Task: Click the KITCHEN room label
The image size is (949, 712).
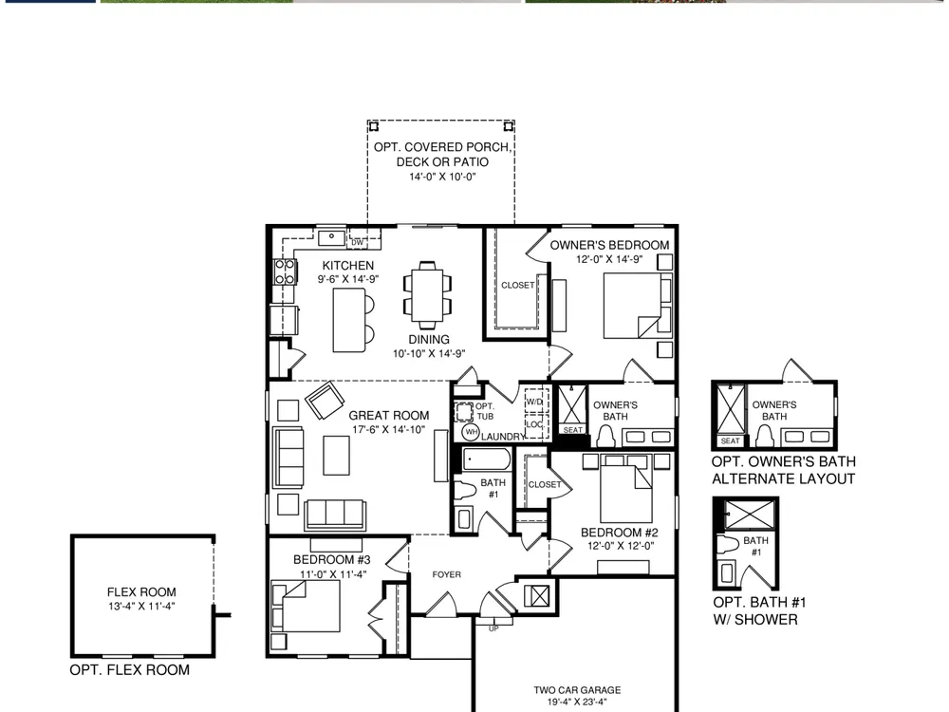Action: pos(348,265)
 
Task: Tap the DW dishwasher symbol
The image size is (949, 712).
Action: pos(358,242)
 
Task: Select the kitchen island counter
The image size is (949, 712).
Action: pos(349,320)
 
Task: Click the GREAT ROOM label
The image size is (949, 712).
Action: pos(388,416)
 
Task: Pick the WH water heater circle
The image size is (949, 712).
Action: pos(471,432)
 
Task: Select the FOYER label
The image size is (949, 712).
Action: pos(447,574)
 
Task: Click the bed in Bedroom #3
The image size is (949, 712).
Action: pos(306,606)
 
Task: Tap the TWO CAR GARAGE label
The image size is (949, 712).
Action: pos(577,689)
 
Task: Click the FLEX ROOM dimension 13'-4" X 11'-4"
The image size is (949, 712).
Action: pos(141,606)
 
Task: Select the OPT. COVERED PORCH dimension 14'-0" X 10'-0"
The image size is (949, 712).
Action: pos(442,177)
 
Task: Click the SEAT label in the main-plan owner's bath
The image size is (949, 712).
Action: pos(572,430)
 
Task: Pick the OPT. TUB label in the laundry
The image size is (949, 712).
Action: pos(485,411)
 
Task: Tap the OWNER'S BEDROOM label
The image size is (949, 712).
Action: pos(609,245)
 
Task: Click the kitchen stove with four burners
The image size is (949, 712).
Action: pos(285,272)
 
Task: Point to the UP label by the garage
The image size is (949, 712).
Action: pos(493,628)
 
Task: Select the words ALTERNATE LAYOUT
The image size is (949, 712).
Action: pos(783,478)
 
